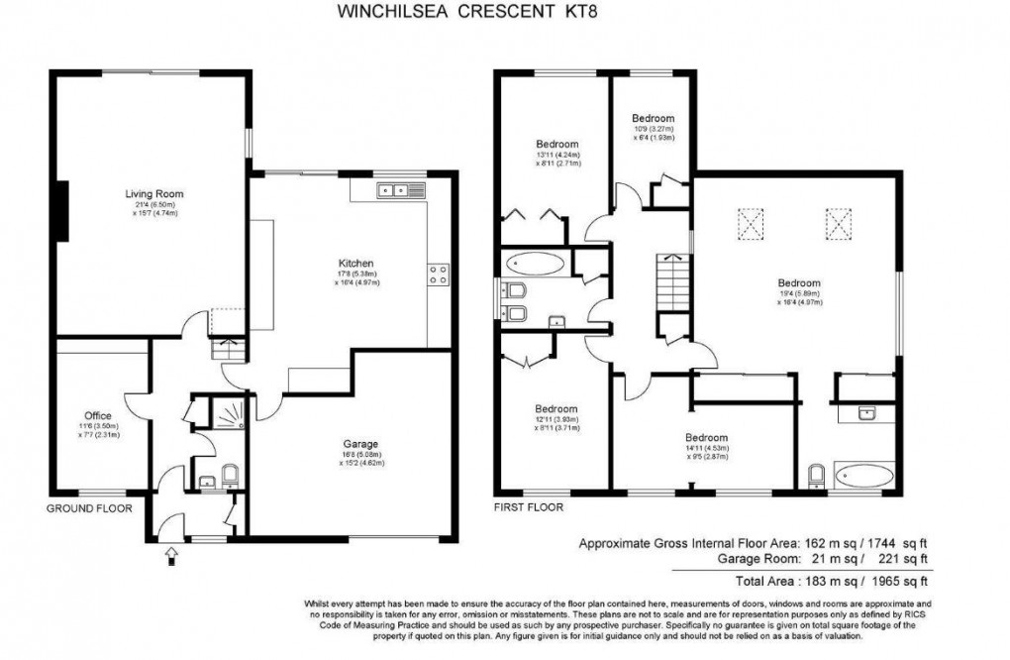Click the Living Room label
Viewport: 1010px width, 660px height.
pos(153,193)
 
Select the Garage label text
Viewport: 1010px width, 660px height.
pos(353,443)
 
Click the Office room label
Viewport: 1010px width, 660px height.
pos(98,415)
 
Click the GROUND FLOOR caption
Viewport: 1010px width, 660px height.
pos(90,507)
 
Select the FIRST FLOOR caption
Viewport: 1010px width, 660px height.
pos(529,507)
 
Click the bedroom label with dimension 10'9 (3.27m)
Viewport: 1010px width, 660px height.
pos(653,118)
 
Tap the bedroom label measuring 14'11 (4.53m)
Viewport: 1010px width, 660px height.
pos(707,438)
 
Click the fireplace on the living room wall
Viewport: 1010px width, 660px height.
pos(62,212)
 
